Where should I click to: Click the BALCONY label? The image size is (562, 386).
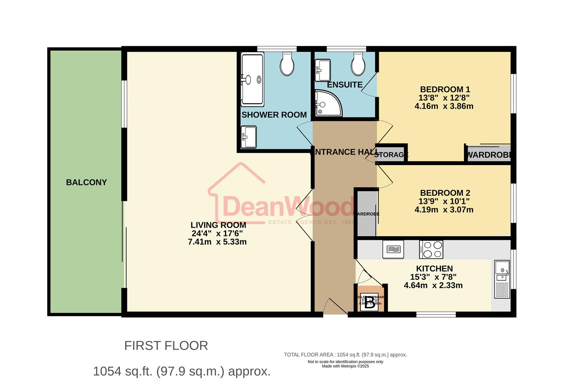point(86,182)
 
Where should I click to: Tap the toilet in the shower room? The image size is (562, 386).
point(287,64)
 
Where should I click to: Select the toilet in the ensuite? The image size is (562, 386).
point(358,64)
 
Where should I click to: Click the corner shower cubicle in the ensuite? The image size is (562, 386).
point(327,104)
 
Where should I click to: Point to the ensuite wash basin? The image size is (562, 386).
point(323,70)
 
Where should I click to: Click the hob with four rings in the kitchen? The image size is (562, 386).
point(431,249)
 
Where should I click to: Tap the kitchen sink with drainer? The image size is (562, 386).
point(502,279)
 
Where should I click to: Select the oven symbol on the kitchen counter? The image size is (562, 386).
point(393,249)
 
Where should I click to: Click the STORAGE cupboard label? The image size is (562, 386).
point(391,155)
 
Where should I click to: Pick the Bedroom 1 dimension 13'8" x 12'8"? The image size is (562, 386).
point(444,98)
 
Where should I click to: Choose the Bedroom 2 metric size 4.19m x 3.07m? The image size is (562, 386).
point(444,210)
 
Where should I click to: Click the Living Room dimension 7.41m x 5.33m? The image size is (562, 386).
point(217,242)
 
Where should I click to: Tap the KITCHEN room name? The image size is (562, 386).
point(434,268)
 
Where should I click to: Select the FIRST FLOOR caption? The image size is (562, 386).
point(166,346)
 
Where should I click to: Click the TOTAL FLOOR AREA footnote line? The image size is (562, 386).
point(345,355)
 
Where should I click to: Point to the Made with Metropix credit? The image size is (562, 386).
point(345,366)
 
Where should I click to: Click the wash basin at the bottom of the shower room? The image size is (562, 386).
point(249,137)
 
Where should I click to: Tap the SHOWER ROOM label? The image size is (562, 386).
point(274,115)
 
